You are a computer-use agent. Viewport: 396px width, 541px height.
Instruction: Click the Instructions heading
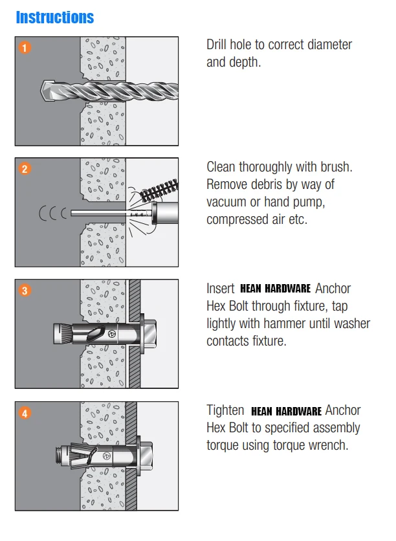[x=55, y=17]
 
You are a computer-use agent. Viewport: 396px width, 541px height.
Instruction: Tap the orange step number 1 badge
[x=25, y=47]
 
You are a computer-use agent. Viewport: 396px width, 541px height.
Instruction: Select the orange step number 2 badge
[x=25, y=169]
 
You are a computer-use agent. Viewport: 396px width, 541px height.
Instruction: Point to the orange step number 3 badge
[x=25, y=291]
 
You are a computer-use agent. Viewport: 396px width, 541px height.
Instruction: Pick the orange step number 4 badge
[x=25, y=413]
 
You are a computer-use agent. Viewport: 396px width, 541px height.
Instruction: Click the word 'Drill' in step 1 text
[x=219, y=45]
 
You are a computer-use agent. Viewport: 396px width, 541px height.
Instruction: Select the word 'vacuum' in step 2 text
[x=226, y=203]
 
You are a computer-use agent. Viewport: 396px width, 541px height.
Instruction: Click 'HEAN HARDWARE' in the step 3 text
[x=276, y=289]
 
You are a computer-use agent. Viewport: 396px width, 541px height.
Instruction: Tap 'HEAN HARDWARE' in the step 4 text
[x=285, y=411]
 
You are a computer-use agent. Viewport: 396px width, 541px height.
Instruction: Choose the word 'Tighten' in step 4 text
[x=225, y=411]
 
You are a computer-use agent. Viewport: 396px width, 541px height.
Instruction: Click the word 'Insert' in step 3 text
[x=220, y=289]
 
